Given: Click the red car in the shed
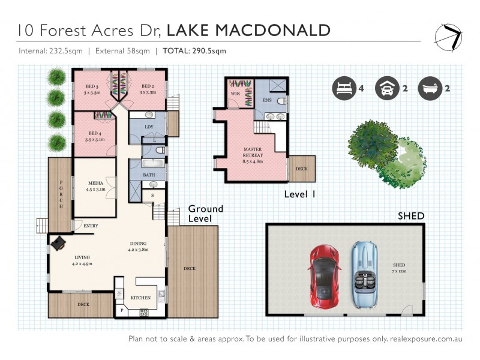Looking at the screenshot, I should [x=325, y=276].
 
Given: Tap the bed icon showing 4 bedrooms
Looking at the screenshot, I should [x=343, y=88].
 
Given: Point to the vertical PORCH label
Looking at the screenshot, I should [x=61, y=194].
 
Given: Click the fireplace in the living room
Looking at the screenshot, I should [x=59, y=243].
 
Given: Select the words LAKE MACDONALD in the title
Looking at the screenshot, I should [x=248, y=30].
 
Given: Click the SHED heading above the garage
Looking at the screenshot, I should [x=410, y=216].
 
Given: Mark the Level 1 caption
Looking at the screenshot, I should [x=299, y=194].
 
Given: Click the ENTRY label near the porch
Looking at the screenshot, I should [x=91, y=226].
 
